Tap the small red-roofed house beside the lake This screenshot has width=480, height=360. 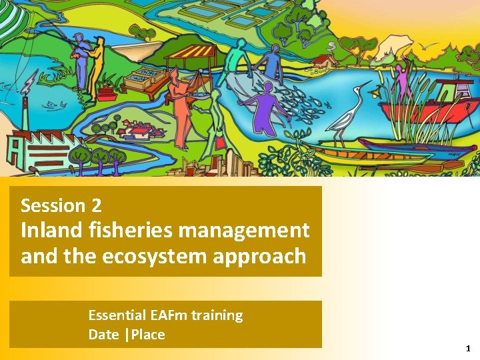[x=326, y=61]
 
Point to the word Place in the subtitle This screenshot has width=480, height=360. [x=148, y=334]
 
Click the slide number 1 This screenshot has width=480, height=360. [x=468, y=349]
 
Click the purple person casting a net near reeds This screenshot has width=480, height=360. [x=401, y=79]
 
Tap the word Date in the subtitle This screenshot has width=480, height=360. [x=103, y=334]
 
